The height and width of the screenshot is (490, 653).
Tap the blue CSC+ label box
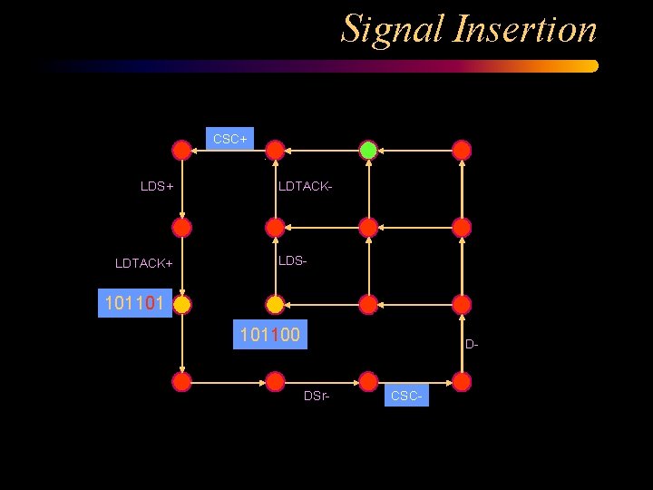(230, 139)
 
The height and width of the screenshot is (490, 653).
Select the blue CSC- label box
(406, 396)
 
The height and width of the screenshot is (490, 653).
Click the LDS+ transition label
(157, 186)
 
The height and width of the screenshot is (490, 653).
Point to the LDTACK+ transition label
(144, 263)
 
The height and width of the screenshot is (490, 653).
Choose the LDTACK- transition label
(306, 186)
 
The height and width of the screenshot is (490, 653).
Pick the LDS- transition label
(293, 260)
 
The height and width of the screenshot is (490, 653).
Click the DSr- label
(316, 396)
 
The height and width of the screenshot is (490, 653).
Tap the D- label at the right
(472, 344)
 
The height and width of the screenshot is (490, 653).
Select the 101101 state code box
(134, 303)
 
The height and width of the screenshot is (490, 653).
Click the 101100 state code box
(269, 336)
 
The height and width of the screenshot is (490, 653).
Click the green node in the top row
(368, 150)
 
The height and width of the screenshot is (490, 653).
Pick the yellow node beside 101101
(182, 305)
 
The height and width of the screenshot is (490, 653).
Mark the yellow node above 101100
(275, 305)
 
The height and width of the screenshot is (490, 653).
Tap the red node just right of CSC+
(275, 150)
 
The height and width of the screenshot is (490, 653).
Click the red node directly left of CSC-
(368, 382)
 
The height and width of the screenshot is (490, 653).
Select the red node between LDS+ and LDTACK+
(182, 227)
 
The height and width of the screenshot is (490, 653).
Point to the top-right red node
(462, 150)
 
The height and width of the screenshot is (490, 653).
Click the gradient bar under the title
(317, 66)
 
